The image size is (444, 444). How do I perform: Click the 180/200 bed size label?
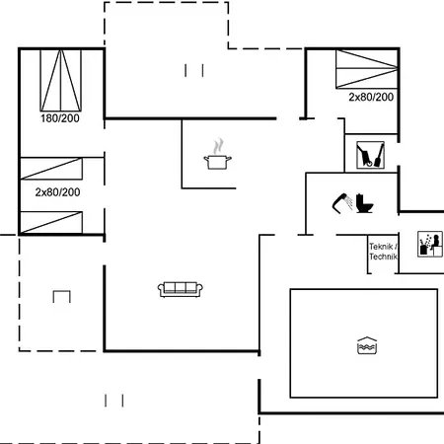[60, 118]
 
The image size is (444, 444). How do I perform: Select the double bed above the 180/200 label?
[61, 80]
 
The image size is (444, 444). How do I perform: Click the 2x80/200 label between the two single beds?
[57, 192]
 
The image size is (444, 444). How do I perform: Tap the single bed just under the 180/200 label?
[51, 169]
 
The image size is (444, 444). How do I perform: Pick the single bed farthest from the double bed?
[51, 223]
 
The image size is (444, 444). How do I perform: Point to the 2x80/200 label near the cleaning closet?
[371, 97]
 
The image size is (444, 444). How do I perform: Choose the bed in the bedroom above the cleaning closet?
[367, 69]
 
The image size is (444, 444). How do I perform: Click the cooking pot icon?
[217, 162]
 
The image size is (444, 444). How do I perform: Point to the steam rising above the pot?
[218, 146]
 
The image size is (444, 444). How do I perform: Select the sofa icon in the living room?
[181, 289]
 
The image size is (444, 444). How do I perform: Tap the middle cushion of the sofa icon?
[181, 287]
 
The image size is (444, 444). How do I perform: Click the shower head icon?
[342, 203]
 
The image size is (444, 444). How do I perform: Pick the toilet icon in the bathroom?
[364, 203]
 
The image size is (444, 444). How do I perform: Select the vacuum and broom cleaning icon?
[370, 155]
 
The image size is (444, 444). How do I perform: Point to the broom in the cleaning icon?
[379, 155]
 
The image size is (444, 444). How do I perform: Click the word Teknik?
[381, 247]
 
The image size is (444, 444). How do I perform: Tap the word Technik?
[383, 257]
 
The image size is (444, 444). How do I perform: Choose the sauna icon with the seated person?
[430, 244]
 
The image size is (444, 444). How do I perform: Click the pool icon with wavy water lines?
[367, 345]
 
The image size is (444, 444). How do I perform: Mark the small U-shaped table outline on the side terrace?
[62, 291]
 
